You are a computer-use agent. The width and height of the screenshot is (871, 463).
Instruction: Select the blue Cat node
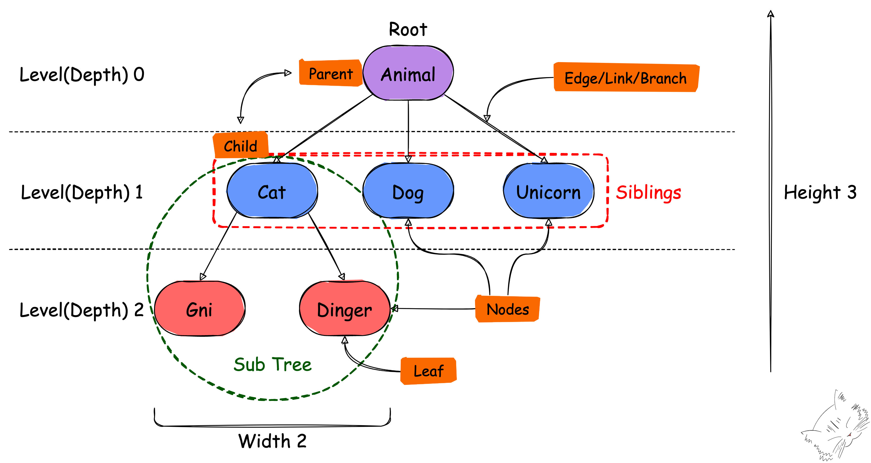click(272, 191)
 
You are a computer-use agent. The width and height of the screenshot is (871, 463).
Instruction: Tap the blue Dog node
click(408, 191)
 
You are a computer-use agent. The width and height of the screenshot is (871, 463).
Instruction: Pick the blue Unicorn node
click(548, 191)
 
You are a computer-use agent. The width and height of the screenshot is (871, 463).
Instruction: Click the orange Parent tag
click(330, 73)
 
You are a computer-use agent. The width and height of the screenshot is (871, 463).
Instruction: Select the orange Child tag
click(240, 146)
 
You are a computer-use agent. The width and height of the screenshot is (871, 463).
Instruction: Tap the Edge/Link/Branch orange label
click(626, 78)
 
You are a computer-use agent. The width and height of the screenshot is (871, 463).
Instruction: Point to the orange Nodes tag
click(507, 309)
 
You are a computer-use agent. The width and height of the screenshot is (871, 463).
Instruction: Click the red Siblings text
click(648, 192)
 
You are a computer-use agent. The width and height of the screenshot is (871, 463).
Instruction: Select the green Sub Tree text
click(273, 364)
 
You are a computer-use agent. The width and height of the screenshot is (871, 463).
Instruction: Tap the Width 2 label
click(273, 441)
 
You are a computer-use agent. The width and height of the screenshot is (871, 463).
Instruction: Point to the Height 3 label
click(820, 192)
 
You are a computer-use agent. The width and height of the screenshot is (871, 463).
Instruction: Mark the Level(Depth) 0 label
click(82, 74)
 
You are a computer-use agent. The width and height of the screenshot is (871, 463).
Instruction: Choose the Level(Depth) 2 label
click(82, 310)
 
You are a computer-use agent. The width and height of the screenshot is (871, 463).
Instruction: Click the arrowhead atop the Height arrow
click(771, 13)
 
